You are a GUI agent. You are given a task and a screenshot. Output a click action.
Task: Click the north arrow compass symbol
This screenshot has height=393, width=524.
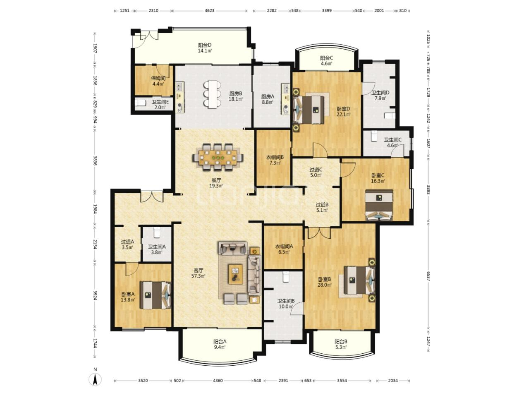tap(95, 379)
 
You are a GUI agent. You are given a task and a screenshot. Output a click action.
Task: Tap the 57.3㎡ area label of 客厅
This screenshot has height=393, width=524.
tap(198, 276)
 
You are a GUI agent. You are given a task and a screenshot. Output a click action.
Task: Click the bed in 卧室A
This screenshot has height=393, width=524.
tap(156, 295)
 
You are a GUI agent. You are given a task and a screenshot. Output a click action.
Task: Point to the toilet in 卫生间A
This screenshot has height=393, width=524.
tap(157, 232)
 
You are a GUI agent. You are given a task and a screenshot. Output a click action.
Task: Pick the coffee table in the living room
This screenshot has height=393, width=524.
tap(236, 274)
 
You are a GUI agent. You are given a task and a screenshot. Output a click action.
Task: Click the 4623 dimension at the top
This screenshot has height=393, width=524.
tap(209, 10)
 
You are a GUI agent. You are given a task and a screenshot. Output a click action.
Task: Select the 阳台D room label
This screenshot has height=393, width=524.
tap(205, 45)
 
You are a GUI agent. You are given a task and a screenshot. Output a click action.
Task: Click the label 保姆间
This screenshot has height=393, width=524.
tap(158, 78)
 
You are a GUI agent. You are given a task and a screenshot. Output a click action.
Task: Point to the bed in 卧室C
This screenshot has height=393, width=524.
tap(379, 205)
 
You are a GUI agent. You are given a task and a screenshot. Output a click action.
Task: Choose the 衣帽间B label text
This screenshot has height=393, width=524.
tap(275, 157)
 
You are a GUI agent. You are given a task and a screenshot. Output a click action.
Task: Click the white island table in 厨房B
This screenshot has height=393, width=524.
tap(213, 94)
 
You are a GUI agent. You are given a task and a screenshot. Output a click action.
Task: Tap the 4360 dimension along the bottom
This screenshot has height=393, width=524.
tap(218, 381)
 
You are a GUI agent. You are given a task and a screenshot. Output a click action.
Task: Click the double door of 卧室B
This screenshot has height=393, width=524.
tap(319, 233)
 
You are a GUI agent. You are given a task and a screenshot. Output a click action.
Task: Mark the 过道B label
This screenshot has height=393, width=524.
tap(322, 205)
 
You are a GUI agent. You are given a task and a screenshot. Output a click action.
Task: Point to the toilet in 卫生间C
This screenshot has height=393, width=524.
tap(373, 136)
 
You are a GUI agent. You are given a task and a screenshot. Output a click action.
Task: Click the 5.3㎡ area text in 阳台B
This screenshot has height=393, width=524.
tap(340, 347)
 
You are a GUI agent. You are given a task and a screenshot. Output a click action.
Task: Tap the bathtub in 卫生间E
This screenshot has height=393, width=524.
tap(140, 103)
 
